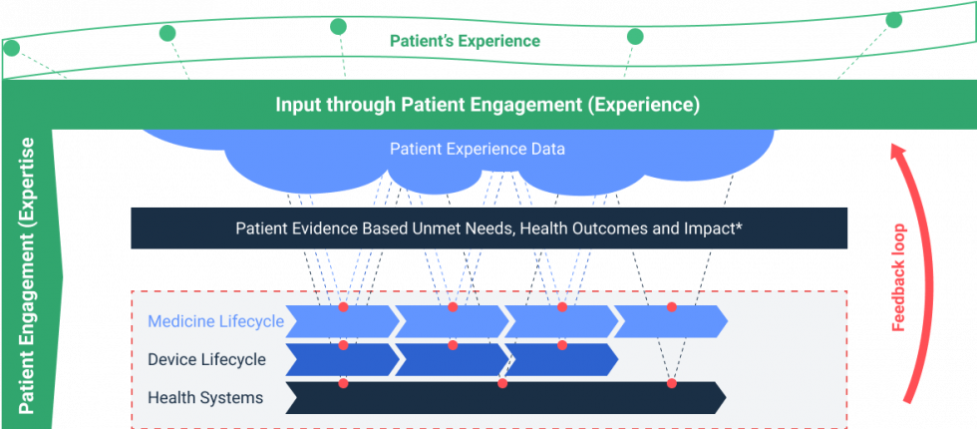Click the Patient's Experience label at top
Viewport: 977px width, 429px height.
click(x=465, y=42)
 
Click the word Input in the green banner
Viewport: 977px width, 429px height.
click(x=298, y=105)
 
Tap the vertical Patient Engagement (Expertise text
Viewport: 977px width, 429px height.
click(x=28, y=274)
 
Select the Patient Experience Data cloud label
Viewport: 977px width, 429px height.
click(x=477, y=150)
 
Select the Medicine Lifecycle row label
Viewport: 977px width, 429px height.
click(x=215, y=321)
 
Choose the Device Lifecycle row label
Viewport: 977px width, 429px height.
click(x=206, y=359)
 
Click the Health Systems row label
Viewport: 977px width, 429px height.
click(x=205, y=398)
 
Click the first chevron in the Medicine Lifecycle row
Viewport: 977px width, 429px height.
click(x=339, y=321)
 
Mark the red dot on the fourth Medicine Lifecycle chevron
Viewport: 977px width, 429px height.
click(x=672, y=306)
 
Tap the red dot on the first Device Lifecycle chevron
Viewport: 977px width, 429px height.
click(x=344, y=345)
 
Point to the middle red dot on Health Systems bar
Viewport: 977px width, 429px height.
click(x=502, y=383)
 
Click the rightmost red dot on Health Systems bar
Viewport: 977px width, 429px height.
click(x=672, y=383)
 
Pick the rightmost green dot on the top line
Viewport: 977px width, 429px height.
click(x=894, y=20)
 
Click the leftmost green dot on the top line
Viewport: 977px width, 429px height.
click(x=12, y=47)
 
